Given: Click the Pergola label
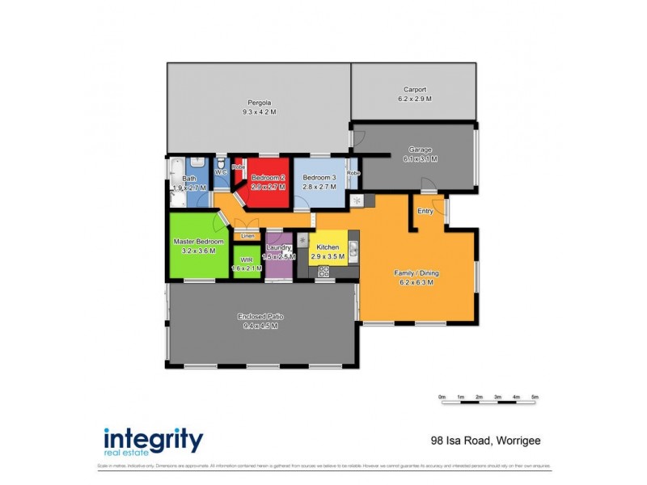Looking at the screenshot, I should (259, 103).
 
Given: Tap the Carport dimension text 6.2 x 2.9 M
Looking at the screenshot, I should (415, 99).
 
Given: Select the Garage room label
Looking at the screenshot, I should (420, 150).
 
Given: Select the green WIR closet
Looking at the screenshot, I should (247, 264).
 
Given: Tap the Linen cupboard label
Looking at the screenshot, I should (247, 235).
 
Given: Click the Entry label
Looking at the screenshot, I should (425, 211).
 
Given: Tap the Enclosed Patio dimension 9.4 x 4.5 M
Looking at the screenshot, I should (260, 326).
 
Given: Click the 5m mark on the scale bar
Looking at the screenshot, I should (535, 397).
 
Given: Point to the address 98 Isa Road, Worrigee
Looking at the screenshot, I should (484, 441).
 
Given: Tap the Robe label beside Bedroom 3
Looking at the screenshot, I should (353, 173).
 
